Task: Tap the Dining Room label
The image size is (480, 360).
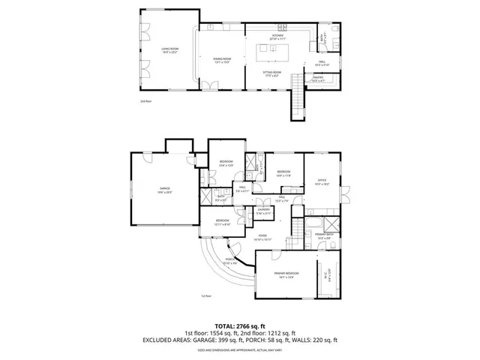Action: pos(221,60)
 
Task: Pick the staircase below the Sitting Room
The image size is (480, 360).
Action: pos(298,101)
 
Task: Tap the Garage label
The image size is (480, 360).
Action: pos(163,190)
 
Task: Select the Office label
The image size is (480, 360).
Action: pos(322,181)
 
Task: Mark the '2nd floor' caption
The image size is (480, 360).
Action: pos(145,100)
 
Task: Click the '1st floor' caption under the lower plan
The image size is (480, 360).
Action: pos(205,295)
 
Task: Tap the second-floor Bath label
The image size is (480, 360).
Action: pos(323,36)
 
